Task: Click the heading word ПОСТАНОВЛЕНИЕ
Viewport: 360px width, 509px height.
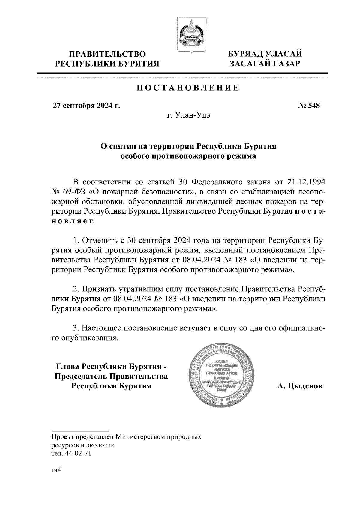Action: [188, 88]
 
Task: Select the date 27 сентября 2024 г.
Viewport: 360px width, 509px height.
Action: [86, 106]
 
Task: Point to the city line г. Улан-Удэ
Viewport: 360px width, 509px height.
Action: [188, 115]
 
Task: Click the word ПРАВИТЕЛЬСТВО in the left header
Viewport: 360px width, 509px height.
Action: [107, 54]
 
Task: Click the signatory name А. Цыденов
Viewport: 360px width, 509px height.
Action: [300, 386]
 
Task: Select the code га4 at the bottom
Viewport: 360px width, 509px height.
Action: [56, 471]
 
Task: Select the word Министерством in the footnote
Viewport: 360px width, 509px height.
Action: [139, 437]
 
